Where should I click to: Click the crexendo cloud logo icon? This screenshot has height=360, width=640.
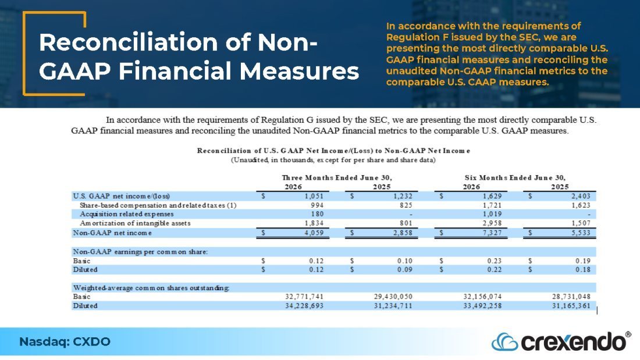(504, 342)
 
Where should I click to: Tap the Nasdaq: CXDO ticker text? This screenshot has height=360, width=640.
(65, 341)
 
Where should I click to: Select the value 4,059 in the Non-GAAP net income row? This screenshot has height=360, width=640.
(314, 233)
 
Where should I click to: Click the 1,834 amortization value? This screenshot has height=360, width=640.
(314, 223)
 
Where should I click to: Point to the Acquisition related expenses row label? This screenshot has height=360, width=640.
(126, 214)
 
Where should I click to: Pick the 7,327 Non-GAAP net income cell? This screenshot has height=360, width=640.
(492, 233)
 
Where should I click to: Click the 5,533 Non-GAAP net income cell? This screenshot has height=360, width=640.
(581, 233)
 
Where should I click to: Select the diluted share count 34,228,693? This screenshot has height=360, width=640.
(304, 306)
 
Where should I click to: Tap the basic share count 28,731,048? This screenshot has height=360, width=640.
(571, 297)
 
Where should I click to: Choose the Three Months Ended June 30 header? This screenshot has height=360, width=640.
(337, 177)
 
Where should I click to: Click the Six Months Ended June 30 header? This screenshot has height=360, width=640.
(515, 177)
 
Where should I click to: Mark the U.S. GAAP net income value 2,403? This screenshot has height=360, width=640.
(581, 196)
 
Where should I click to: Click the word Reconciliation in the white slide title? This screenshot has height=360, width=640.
(129, 42)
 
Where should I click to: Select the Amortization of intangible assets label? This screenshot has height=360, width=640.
(135, 223)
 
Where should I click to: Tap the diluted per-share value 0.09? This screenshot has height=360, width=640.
(405, 269)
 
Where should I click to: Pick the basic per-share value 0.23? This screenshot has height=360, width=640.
(495, 261)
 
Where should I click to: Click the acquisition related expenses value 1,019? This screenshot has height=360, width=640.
(492, 214)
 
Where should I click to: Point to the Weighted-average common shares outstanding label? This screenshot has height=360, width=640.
(151, 288)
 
